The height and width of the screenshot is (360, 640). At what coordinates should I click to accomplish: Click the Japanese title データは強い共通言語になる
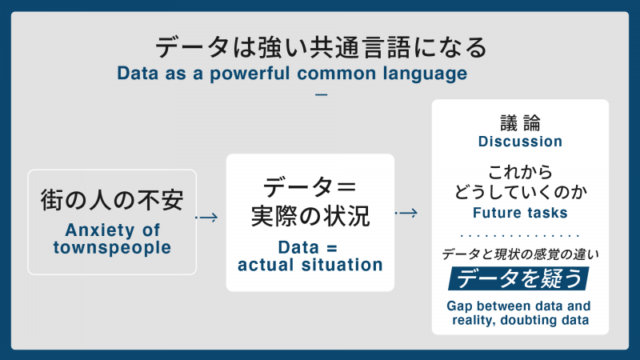(320, 47)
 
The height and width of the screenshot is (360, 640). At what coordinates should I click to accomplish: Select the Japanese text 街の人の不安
(112, 200)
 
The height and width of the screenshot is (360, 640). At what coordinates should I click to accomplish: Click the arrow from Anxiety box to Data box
(207, 217)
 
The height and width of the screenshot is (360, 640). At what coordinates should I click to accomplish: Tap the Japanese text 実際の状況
(310, 216)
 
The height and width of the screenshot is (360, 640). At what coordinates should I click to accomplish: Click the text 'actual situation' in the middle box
(310, 264)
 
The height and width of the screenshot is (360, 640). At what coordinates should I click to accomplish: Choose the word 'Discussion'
(520, 142)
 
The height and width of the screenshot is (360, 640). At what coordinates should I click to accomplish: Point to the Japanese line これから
(520, 171)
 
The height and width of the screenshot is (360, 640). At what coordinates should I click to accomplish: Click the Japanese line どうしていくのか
(520, 193)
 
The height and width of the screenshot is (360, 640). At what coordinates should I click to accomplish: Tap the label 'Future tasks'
(520, 213)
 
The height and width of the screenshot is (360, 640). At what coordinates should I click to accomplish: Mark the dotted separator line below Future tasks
(520, 236)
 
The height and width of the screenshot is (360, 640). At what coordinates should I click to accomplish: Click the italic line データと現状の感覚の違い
(520, 254)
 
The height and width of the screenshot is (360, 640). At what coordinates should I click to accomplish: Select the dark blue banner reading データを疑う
(520, 278)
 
